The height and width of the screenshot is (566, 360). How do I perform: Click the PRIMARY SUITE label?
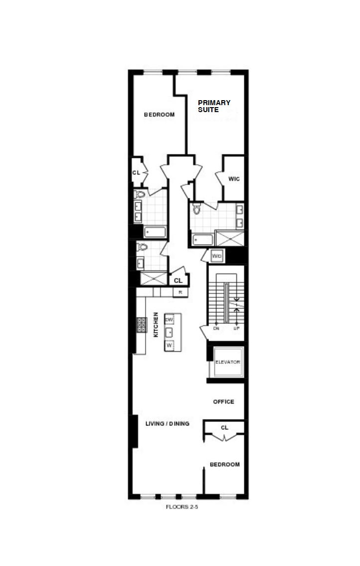point(214,106)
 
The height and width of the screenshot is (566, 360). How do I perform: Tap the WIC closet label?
point(234,179)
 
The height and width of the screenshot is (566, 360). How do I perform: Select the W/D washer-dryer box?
point(217,256)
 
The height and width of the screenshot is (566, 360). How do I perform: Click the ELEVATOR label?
point(228,362)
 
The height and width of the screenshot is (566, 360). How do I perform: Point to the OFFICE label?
point(223,402)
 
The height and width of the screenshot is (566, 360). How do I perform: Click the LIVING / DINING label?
point(167,424)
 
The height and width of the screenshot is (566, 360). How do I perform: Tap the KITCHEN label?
point(156,325)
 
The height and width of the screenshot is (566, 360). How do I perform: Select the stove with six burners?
point(141,325)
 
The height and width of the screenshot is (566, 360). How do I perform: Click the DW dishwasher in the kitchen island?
point(170,319)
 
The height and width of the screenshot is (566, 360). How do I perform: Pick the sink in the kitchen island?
point(170,332)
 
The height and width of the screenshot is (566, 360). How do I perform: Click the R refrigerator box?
point(180,292)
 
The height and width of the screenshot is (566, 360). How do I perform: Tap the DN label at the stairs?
point(216,329)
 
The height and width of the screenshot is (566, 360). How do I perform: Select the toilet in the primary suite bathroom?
point(196,208)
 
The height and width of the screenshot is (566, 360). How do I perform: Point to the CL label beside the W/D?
point(178,281)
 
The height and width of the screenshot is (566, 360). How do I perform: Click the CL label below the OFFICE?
point(224,427)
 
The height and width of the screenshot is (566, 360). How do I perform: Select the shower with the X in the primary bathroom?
point(230,238)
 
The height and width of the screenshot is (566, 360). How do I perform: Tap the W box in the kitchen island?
point(170,345)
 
